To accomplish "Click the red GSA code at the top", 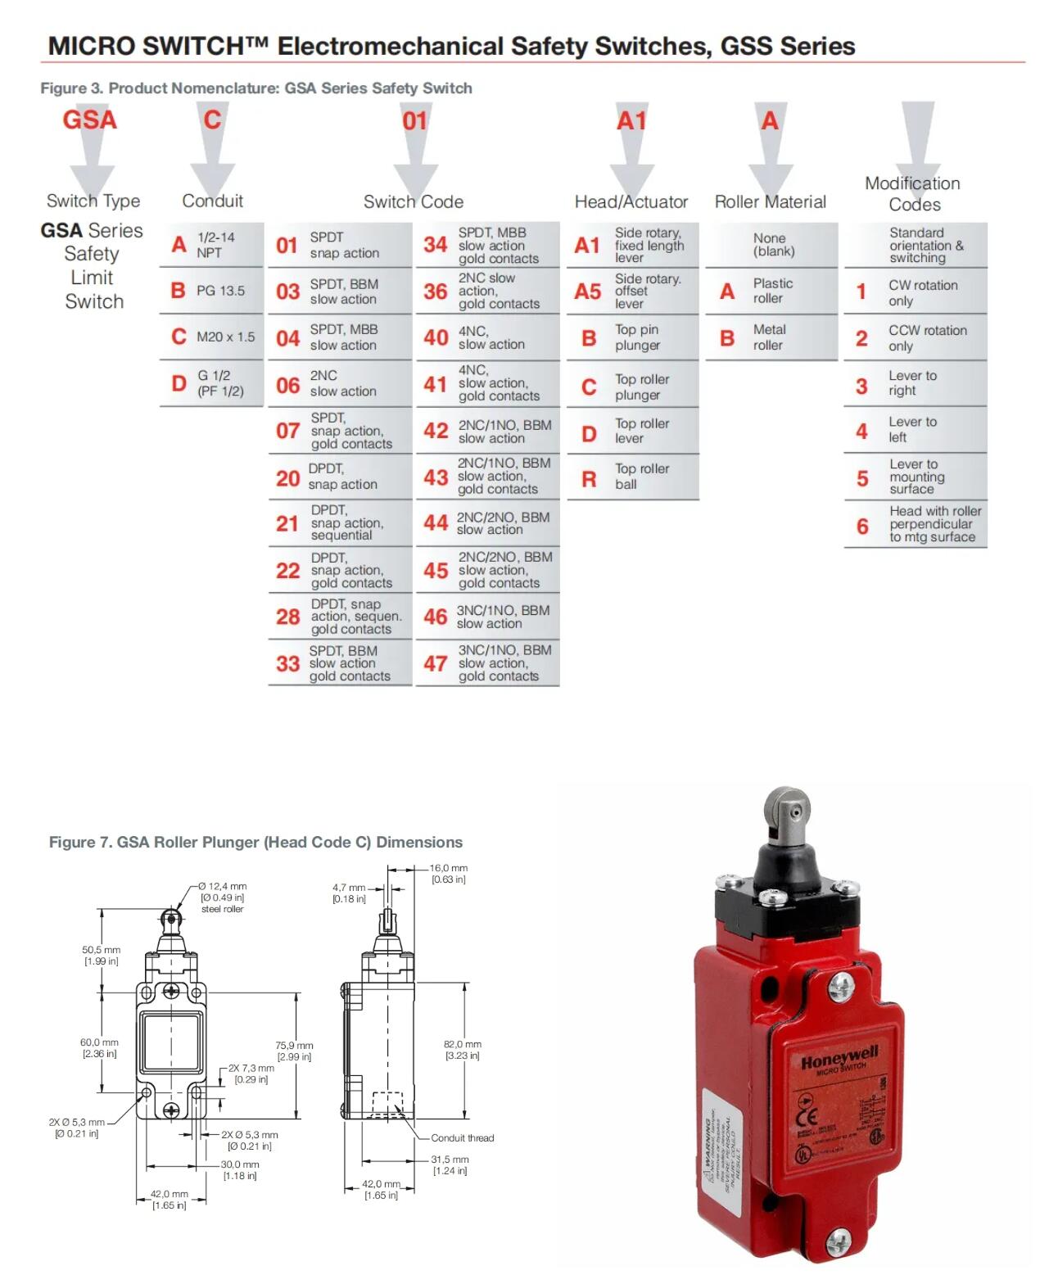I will pos(90,120).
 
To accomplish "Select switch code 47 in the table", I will pos(487,663).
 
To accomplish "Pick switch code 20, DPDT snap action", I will pos(339,477).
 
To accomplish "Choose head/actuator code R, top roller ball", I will pos(632,477).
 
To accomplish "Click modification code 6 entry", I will pos(916,524).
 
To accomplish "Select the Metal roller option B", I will pos(771,337).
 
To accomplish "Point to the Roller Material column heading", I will pos(770,201).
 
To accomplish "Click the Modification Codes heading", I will pos(913,194).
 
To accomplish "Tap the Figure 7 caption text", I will pos(255,842).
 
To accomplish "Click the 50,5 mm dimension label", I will pos(101,956).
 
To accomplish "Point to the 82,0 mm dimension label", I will pos(463,1050).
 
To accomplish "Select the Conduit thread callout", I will pos(462,1138).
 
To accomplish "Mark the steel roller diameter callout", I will pos(223,897).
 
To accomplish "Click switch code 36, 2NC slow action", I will pos(487,292).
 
